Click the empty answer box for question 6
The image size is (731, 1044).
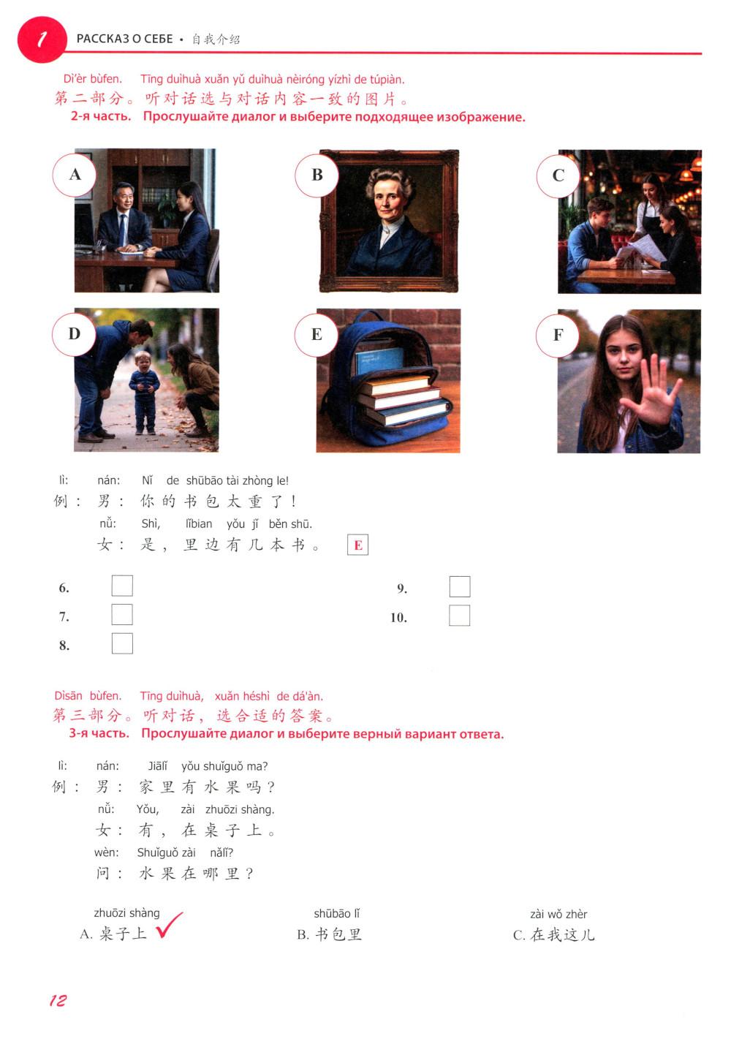pyautogui.click(x=122, y=586)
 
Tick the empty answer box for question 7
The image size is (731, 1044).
pyautogui.click(x=122, y=615)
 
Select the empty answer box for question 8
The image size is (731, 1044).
pyautogui.click(x=122, y=643)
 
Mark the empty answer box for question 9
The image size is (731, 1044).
pyautogui.click(x=459, y=586)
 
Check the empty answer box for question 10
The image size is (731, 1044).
pyautogui.click(x=459, y=616)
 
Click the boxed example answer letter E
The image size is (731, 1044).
pyautogui.click(x=357, y=545)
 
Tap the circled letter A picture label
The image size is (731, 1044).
pyautogui.click(x=74, y=175)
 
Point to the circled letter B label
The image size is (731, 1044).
pyautogui.click(x=317, y=175)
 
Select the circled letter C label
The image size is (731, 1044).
pyautogui.click(x=558, y=175)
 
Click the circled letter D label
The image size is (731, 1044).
pyautogui.click(x=74, y=334)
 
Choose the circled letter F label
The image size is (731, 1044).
pyautogui.click(x=558, y=335)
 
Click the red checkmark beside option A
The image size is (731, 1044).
pyautogui.click(x=169, y=924)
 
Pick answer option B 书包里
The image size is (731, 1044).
pyautogui.click(x=330, y=934)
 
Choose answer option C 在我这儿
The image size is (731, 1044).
pyautogui.click(x=554, y=935)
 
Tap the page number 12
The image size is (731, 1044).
pyautogui.click(x=58, y=1000)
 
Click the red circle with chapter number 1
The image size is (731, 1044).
pyautogui.click(x=42, y=39)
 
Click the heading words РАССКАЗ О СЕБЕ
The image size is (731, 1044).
pyautogui.click(x=124, y=39)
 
